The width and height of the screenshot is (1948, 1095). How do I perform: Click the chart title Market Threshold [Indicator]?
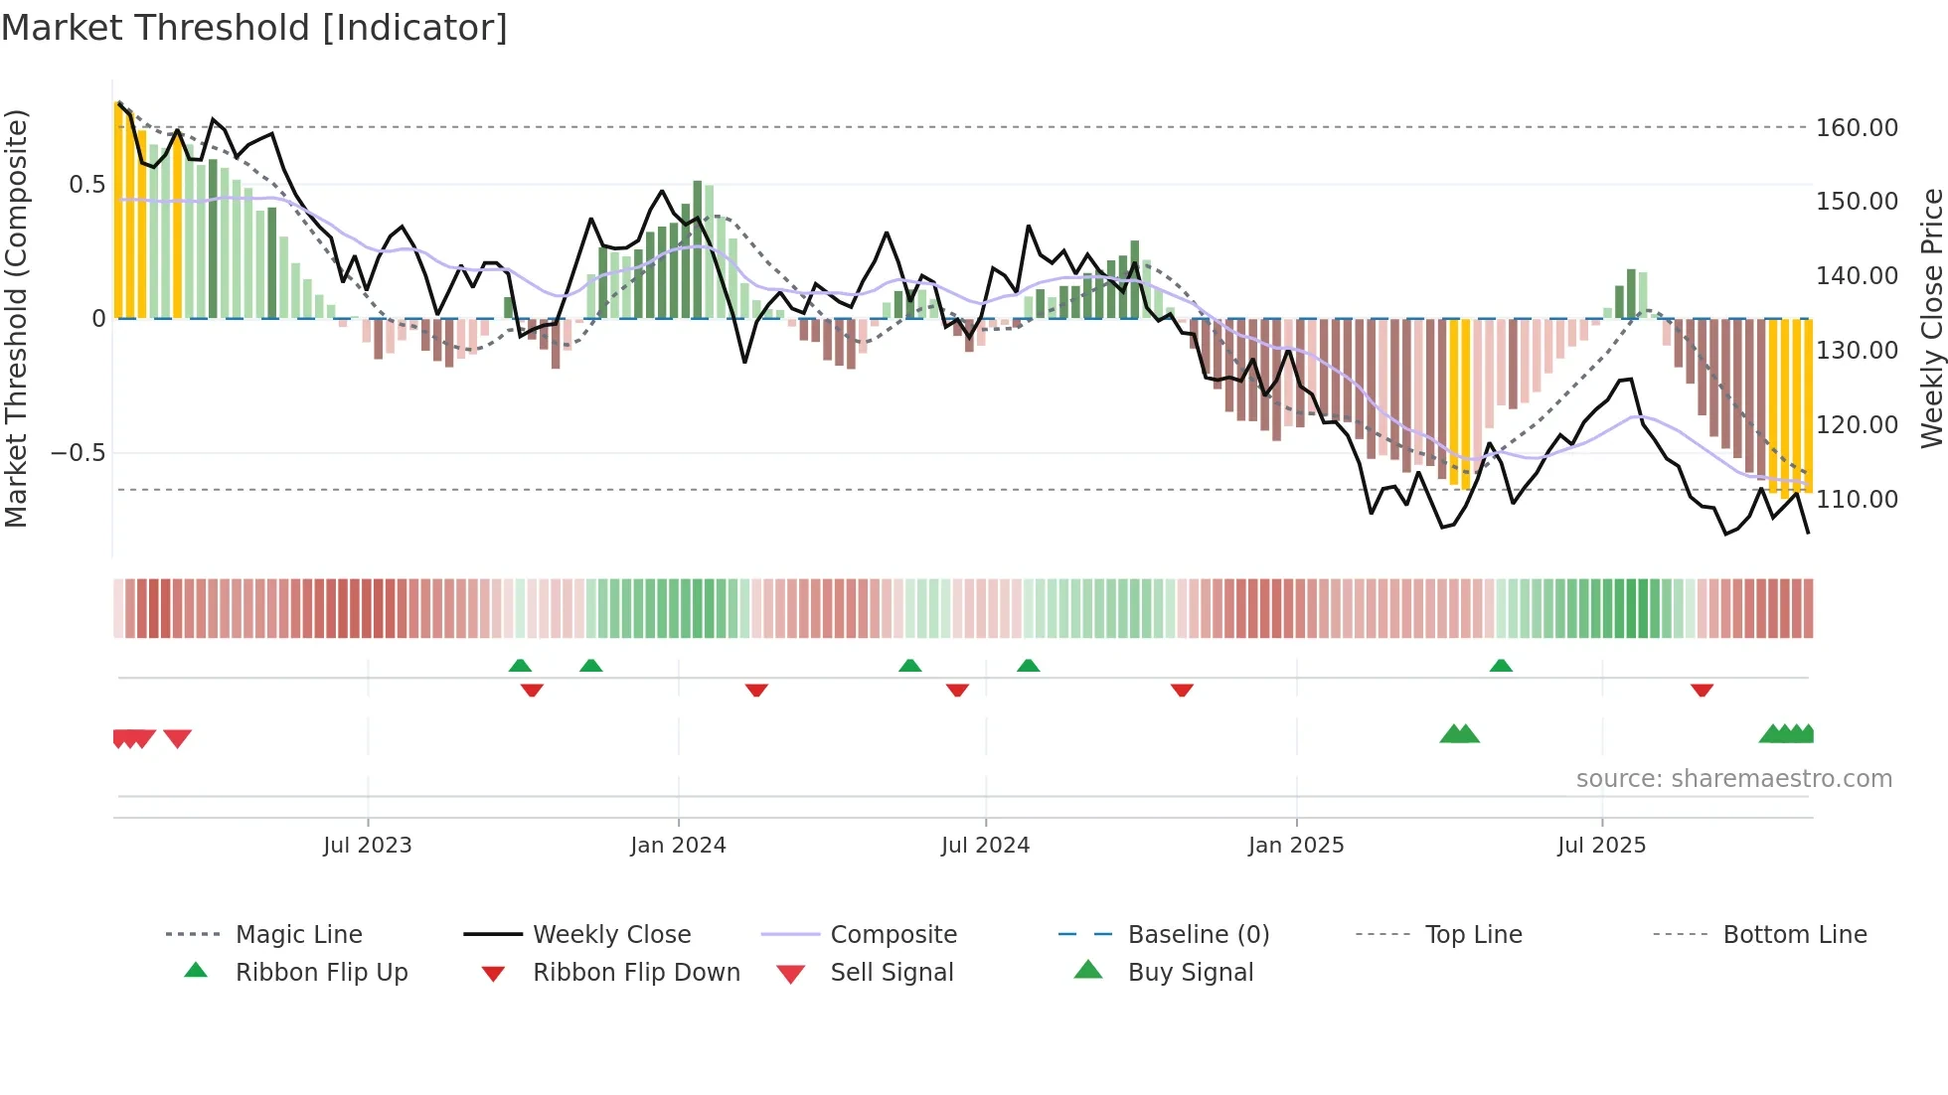[254, 28]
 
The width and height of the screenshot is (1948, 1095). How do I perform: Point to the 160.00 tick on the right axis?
[1857, 128]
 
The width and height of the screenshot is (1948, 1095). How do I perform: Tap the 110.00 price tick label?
[1857, 500]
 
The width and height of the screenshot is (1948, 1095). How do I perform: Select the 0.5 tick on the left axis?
[86, 185]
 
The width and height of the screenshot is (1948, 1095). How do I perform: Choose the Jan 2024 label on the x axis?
[678, 846]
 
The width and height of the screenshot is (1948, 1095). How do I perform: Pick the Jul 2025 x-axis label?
[1601, 846]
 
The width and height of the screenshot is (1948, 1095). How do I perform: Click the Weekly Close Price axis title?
[1931, 318]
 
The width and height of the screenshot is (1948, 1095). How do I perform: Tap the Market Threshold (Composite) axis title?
[16, 318]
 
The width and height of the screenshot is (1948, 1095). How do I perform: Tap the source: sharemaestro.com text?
[1733, 779]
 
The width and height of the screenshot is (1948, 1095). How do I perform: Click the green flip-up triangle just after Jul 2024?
[1029, 666]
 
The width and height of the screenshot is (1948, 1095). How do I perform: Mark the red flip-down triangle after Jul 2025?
[1702, 690]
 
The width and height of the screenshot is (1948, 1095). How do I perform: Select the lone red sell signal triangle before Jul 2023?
[177, 738]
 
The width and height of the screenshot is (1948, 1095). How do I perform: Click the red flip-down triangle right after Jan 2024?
[756, 690]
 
